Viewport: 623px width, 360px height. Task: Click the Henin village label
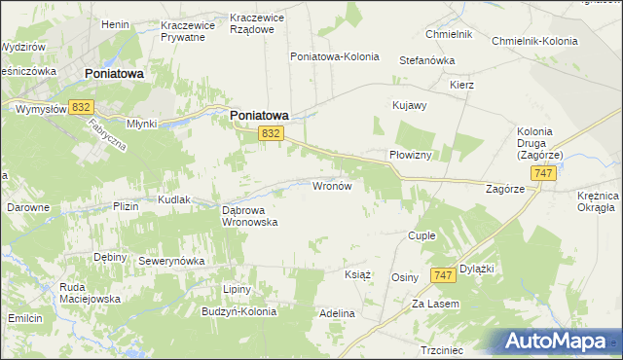point(115,23)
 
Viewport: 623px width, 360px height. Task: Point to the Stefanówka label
point(427,60)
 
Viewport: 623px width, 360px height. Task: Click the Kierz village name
point(461,85)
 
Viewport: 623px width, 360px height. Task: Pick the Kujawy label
point(409,105)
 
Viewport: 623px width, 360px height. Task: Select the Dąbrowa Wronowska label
point(250,215)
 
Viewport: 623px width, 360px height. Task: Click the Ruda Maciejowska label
point(90,293)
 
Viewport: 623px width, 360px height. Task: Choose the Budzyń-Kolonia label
point(238,312)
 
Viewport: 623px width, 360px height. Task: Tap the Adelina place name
point(337,314)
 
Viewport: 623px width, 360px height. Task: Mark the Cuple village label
point(421,236)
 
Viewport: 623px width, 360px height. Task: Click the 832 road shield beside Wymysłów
point(81,107)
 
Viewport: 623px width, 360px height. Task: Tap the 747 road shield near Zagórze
point(544,172)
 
